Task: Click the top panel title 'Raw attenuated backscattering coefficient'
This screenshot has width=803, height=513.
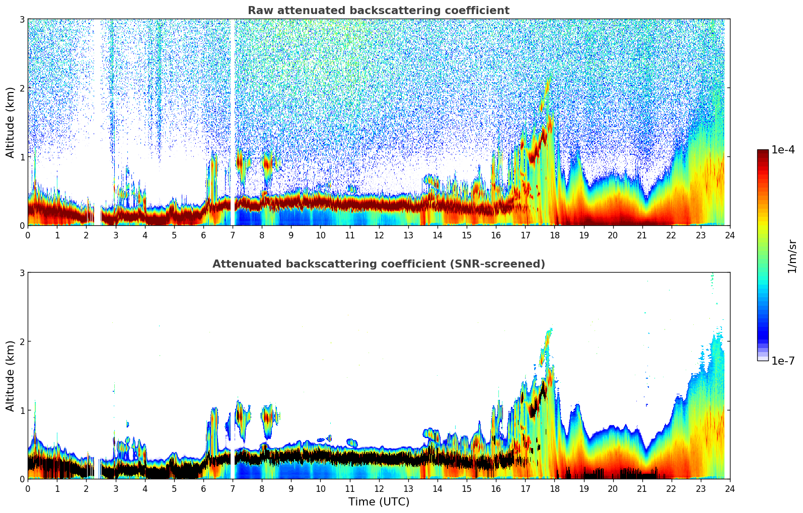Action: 378,11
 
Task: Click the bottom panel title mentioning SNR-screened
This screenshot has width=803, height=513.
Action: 378,264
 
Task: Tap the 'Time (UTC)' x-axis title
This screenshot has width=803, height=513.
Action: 379,502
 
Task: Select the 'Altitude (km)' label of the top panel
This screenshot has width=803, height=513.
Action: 10,122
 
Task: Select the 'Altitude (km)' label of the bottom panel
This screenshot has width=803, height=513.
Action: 10,376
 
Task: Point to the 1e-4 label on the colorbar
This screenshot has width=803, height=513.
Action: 783,150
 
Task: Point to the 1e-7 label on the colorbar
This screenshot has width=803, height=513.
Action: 783,361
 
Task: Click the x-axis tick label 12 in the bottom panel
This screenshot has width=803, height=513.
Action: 379,489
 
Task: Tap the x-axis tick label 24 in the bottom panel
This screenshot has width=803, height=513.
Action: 729,489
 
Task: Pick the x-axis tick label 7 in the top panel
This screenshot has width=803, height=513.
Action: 233,235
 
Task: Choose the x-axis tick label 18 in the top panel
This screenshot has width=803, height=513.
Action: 554,235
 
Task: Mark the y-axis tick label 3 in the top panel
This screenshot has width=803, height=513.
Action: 22,19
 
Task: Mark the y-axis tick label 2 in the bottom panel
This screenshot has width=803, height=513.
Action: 22,341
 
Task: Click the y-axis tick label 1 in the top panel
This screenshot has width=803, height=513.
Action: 22,157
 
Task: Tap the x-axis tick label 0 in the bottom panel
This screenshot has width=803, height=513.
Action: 28,489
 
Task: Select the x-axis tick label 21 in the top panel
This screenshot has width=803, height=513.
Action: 642,235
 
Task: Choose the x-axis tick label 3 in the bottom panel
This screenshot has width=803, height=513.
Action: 115,489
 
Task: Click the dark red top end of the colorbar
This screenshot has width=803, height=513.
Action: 762,152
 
